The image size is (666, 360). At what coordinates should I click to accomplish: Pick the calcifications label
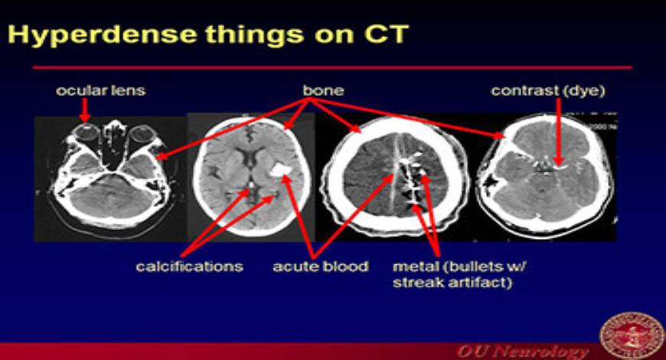pyautogui.click(x=189, y=267)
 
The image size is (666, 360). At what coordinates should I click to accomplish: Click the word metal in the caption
pyautogui.click(x=413, y=267)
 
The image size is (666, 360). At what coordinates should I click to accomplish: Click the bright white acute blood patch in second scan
pyautogui.click(x=280, y=169)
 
